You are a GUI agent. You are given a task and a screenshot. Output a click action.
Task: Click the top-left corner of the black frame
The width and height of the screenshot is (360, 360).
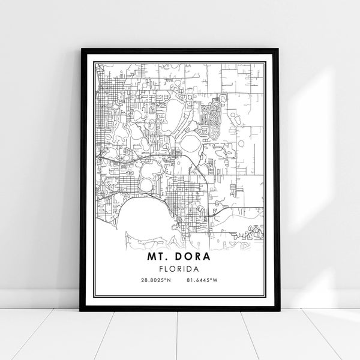(x=81, y=50)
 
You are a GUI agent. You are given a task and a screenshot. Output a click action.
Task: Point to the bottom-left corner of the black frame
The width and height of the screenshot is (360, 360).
(x=81, y=310)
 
